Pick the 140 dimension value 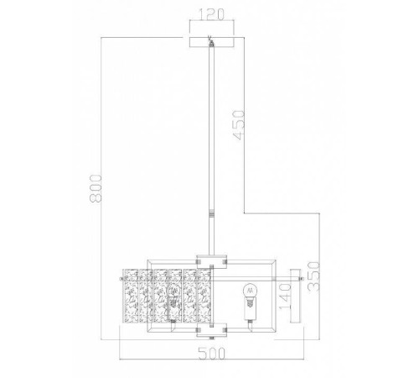click(287, 297)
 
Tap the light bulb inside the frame click(247, 293)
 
